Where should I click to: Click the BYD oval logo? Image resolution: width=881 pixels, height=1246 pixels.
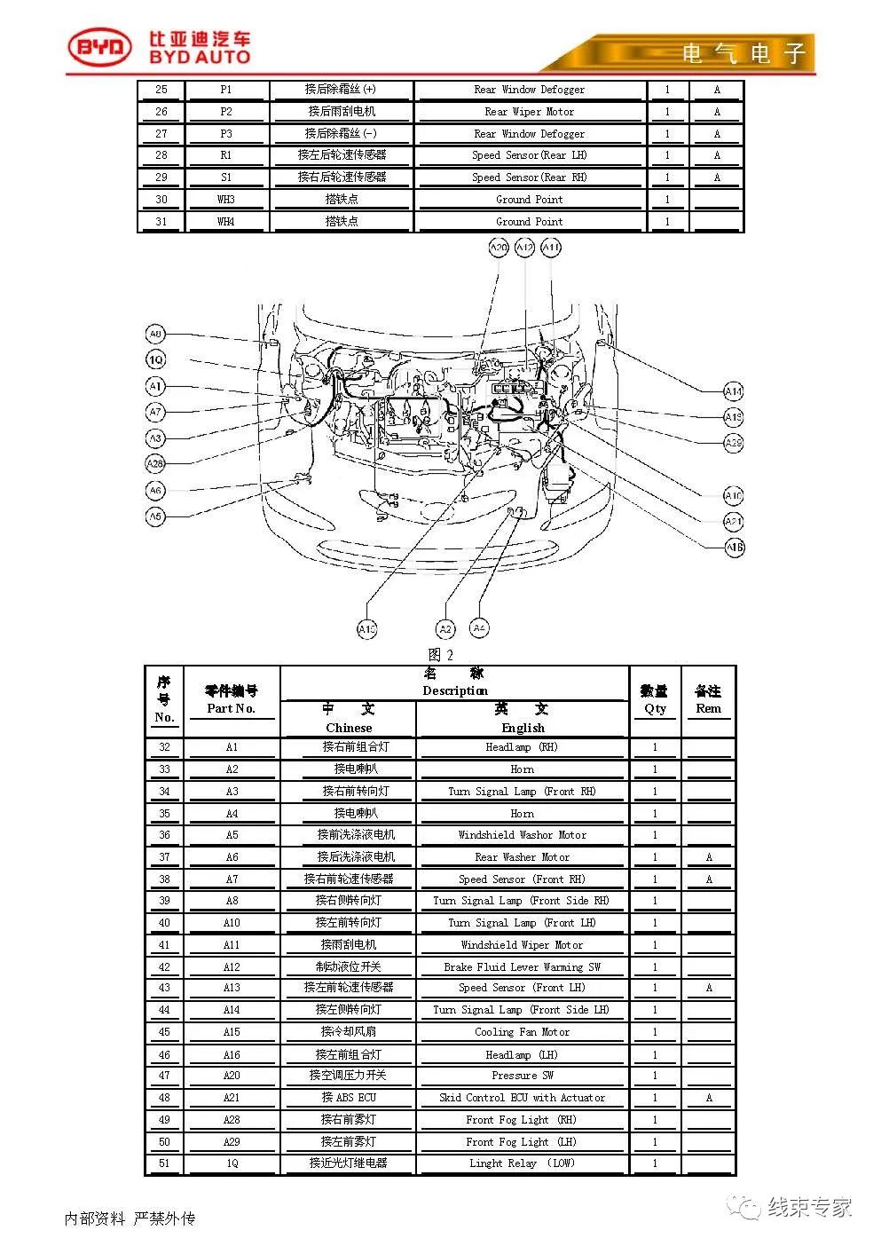100,48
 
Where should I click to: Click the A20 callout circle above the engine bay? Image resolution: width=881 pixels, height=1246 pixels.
499,248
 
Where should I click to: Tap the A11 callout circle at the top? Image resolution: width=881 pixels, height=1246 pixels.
551,248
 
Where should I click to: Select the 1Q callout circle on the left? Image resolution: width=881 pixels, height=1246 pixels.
155,359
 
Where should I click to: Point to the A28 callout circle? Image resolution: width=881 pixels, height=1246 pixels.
155,463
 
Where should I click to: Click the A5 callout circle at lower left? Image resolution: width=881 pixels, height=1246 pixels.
155,516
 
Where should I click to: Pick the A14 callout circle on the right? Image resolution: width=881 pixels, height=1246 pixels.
733,391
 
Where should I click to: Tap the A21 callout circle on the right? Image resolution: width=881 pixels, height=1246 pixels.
733,522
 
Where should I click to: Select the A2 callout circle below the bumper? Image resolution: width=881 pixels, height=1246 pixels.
445,629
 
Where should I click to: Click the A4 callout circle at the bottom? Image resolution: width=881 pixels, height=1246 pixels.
479,628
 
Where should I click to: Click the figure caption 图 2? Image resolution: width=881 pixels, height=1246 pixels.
441,655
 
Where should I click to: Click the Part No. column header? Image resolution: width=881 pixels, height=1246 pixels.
231,700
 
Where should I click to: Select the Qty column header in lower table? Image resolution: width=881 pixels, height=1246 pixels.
655,700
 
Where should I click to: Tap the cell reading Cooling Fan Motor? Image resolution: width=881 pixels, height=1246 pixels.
522,1032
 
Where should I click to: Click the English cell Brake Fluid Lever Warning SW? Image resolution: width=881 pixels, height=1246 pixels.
522,966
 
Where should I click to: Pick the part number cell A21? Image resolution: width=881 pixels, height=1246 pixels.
232,1098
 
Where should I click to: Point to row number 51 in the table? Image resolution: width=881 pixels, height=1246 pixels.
164,1163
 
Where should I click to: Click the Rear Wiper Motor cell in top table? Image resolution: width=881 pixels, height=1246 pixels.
529,112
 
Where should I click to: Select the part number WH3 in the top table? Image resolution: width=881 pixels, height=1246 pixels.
226,200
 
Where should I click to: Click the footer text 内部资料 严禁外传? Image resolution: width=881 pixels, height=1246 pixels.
130,1219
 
